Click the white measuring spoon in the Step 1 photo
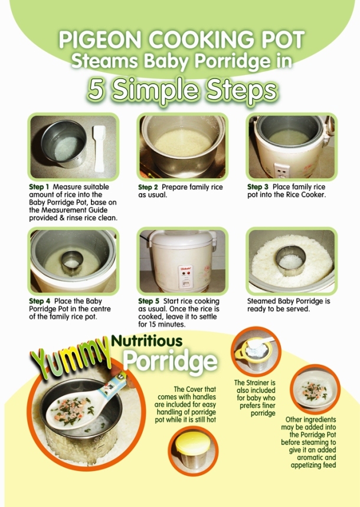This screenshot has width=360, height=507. click(x=99, y=148)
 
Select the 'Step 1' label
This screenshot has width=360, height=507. click(x=39, y=187)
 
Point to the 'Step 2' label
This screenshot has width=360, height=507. click(x=148, y=187)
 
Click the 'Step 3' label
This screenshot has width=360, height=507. click(x=257, y=187)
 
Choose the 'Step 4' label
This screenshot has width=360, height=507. click(x=40, y=302)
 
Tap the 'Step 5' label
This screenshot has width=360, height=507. click(x=149, y=302)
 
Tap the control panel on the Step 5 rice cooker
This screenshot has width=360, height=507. click(x=185, y=276)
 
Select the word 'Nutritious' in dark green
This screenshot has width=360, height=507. click(x=147, y=341)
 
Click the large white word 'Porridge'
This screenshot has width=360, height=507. click(x=171, y=361)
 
